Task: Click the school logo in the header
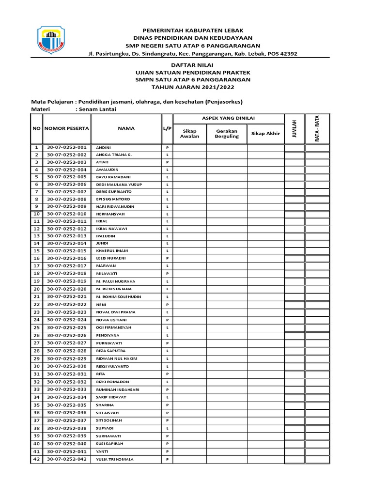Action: (52, 40)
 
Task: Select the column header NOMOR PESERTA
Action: (67, 128)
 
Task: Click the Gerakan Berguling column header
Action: (227, 133)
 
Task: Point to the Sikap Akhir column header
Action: (265, 133)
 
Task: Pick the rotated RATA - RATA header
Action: (317, 128)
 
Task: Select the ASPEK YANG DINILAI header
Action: (229, 119)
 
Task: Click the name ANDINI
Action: (104, 148)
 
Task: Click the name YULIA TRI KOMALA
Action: (115, 459)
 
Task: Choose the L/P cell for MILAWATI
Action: (167, 274)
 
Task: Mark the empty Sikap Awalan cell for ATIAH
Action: (190, 162)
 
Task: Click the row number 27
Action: (36, 343)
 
